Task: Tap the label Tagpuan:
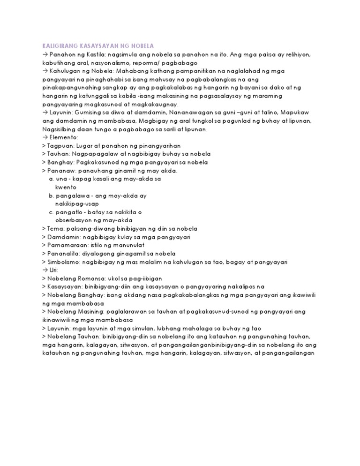[58, 146]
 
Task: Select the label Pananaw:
[60, 171]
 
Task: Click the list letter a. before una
[51, 179]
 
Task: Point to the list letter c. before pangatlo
[51, 212]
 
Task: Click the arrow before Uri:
[45, 270]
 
